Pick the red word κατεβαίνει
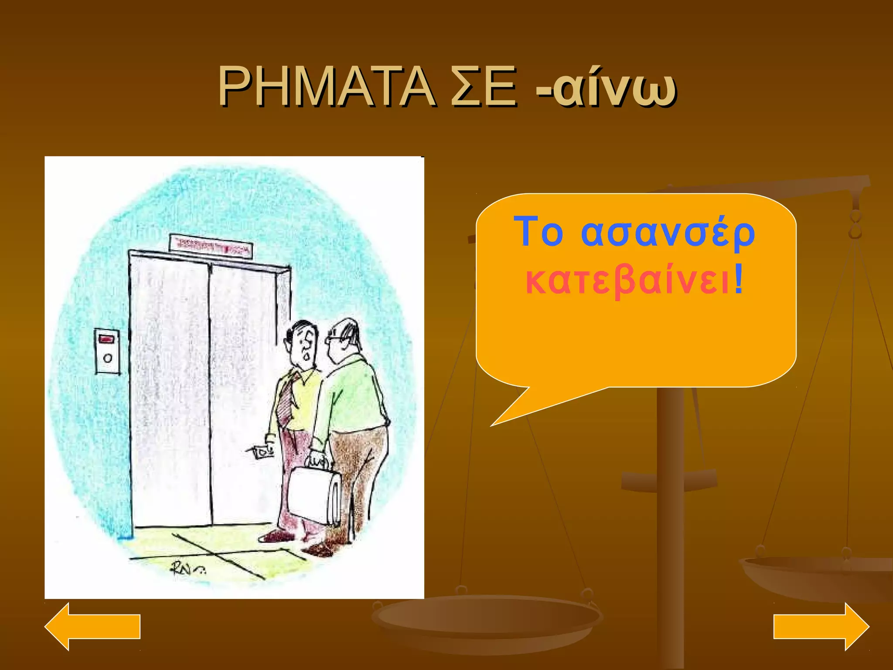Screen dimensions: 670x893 (628, 281)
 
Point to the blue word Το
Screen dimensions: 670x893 (539, 232)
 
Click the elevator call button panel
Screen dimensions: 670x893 (107, 351)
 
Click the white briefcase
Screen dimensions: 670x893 (313, 495)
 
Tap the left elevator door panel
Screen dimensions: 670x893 (170, 393)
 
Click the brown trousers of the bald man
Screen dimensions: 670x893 (358, 471)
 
